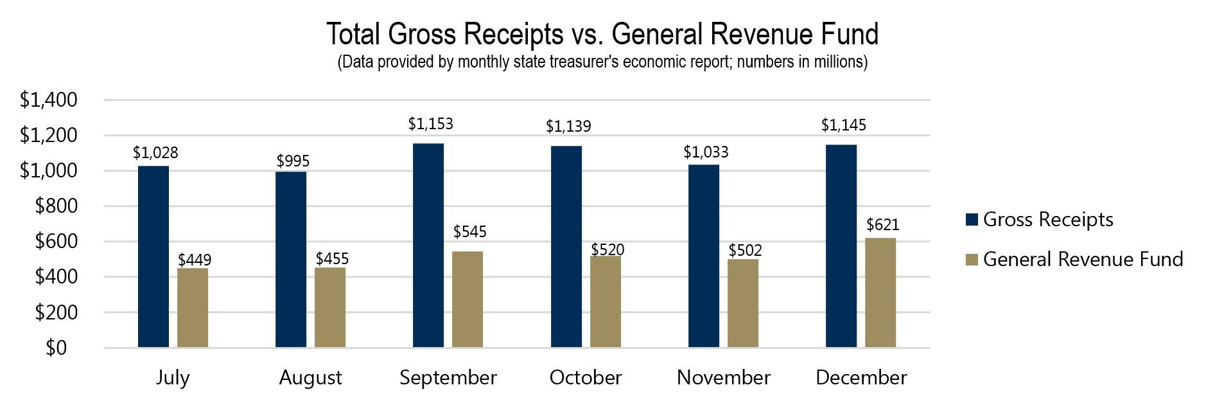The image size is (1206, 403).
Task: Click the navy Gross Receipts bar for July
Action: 153,256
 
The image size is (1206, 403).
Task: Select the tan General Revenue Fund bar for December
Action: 880,292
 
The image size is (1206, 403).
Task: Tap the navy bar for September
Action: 428,245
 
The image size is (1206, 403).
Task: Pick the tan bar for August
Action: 330,307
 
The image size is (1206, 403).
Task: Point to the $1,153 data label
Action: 430,123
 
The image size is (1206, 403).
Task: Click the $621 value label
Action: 882,224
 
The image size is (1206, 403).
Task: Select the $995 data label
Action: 293,161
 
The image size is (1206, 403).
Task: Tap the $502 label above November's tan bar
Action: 745,250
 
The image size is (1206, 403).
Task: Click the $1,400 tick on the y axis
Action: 48,100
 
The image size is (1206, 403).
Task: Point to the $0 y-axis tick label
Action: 56,348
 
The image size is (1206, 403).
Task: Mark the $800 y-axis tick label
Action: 56,206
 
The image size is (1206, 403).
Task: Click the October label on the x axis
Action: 585,377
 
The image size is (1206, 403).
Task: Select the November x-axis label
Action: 723,377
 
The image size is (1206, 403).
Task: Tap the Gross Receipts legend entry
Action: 1047,220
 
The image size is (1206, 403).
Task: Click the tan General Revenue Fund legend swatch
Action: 972,260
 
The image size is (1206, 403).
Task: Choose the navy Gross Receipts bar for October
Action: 566,247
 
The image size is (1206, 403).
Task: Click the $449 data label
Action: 195,260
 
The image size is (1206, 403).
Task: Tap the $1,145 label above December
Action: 843,125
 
